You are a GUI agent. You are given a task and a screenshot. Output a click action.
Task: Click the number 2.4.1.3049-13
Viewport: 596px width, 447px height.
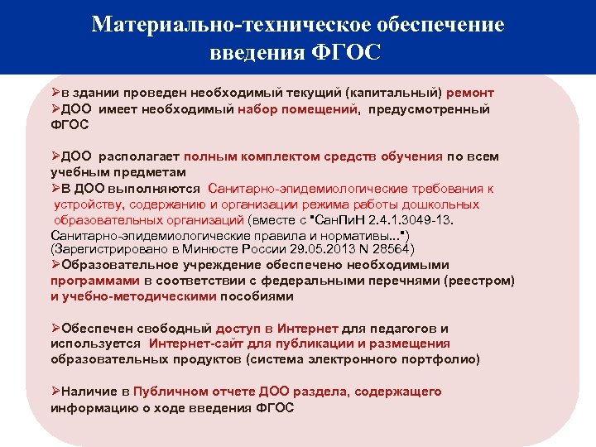(411, 219)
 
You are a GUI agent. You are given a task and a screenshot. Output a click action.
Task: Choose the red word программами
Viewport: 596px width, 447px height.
(88, 281)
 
